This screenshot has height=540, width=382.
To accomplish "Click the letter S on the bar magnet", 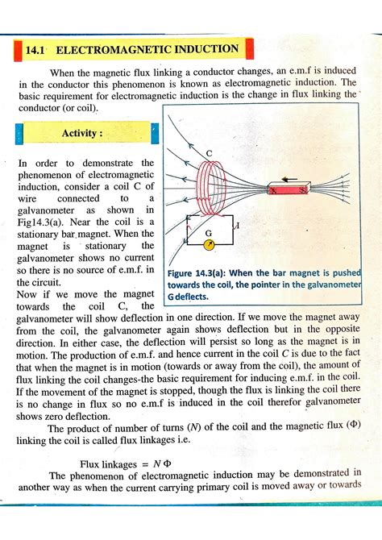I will [301, 191].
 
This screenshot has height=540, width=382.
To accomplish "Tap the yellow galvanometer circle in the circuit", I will [207, 245].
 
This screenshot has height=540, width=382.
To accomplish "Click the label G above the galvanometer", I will [209, 233].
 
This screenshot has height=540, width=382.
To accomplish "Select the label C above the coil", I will [209, 154].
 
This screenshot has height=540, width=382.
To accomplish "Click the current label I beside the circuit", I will [239, 228].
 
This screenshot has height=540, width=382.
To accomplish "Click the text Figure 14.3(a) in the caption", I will [201, 272].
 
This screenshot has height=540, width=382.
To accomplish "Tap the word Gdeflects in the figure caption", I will [188, 296].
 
